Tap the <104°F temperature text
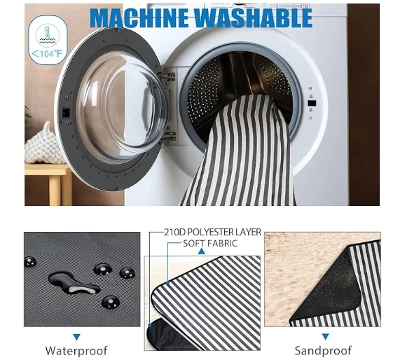[46, 53]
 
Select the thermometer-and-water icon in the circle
[48, 34]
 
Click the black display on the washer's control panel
[312, 103]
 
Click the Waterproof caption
[76, 350]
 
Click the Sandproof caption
[323, 350]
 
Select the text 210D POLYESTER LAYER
[212, 233]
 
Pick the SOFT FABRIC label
[210, 243]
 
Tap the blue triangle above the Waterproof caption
[76, 337]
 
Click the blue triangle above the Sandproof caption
[325, 336]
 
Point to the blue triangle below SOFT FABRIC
[201, 251]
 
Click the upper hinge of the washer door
[169, 76]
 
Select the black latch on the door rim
[66, 113]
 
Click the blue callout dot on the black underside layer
[150, 325]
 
